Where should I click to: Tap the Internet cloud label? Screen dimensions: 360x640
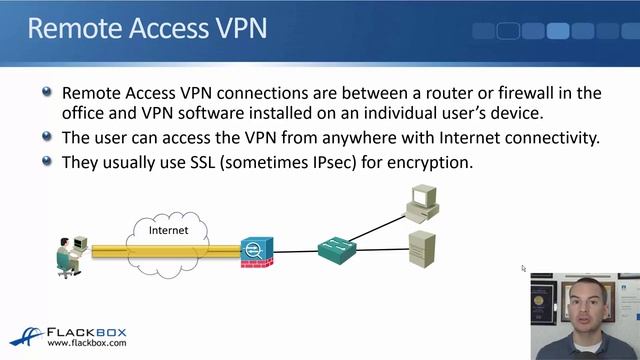tap(169, 231)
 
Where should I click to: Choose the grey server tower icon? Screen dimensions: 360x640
tap(421, 248)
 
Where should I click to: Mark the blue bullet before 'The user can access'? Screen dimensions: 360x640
tap(47, 136)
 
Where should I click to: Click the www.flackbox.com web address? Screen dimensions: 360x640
tap(88, 343)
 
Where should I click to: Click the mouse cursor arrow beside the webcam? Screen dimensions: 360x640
tap(523, 268)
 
